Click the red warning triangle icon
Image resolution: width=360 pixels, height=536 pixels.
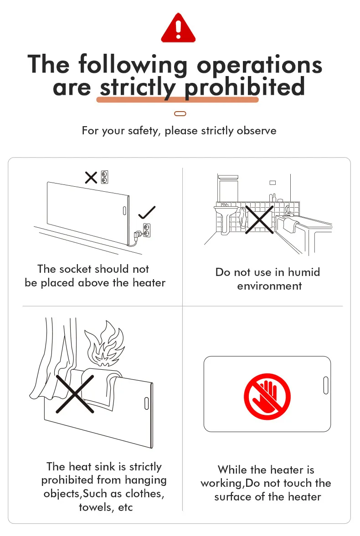pyautogui.click(x=178, y=28)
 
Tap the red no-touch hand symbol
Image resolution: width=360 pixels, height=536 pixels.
pyautogui.click(x=267, y=397)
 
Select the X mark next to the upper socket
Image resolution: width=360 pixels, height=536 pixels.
pyautogui.click(x=91, y=178)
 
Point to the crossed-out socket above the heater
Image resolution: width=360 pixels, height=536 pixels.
pyautogui.click(x=105, y=178)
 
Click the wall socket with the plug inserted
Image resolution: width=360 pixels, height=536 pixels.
pyautogui.click(x=147, y=230)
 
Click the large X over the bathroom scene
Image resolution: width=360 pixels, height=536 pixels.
pyautogui.click(x=259, y=220)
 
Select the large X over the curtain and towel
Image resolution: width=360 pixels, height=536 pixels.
pyautogui.click(x=75, y=394)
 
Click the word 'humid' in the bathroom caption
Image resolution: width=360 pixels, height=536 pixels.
pyautogui.click(x=304, y=272)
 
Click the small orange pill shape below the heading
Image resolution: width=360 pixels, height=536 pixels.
pyautogui.click(x=180, y=114)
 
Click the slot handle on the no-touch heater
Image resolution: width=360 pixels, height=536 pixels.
pyautogui.click(x=326, y=385)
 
